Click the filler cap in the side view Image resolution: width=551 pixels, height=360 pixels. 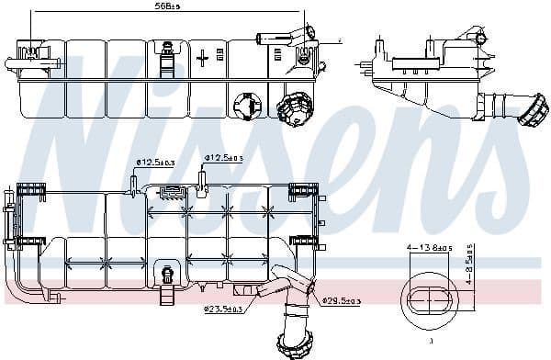[532, 112]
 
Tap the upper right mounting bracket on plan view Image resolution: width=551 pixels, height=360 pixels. [303, 191]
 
